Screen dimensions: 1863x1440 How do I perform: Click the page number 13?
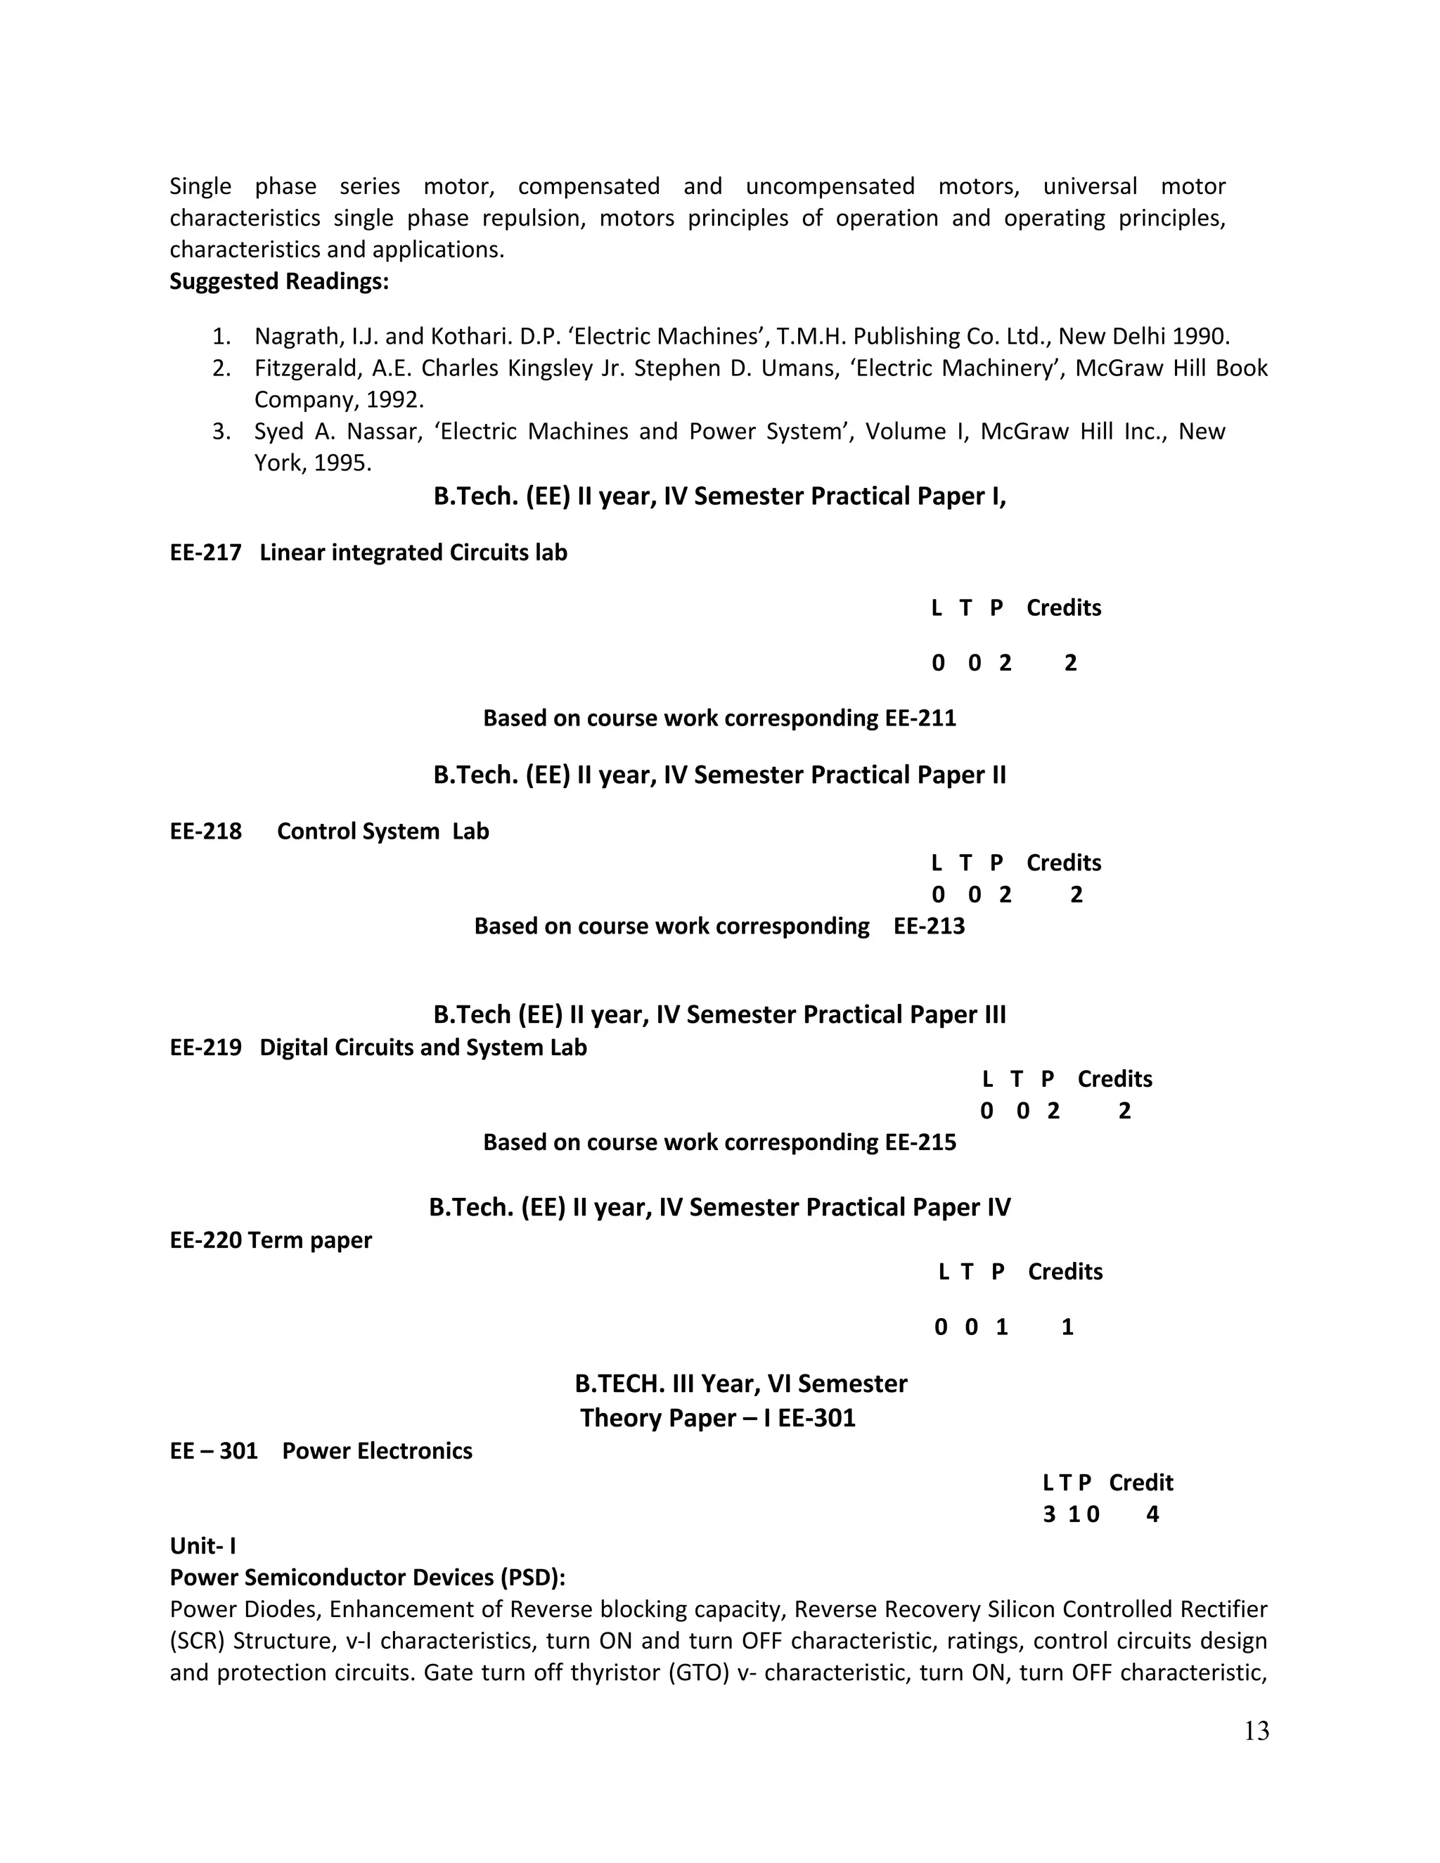pyautogui.click(x=1256, y=1731)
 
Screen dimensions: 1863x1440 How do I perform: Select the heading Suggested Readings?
pyautogui.click(x=279, y=281)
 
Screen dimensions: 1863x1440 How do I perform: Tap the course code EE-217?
pyautogui.click(x=205, y=553)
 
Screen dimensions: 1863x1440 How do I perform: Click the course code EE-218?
pyautogui.click(x=205, y=832)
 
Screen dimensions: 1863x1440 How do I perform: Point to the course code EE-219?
pyautogui.click(x=205, y=1047)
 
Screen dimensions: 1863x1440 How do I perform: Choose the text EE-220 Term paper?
pyautogui.click(x=271, y=1239)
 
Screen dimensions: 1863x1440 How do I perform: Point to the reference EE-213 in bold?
pyautogui.click(x=929, y=927)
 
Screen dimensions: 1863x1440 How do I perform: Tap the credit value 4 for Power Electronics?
pyautogui.click(x=1152, y=1514)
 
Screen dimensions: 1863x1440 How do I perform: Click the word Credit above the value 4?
pyautogui.click(x=1140, y=1483)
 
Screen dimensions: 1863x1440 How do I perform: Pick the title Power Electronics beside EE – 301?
pyautogui.click(x=377, y=1451)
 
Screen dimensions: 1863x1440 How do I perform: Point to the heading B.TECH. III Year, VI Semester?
pyautogui.click(x=740, y=1384)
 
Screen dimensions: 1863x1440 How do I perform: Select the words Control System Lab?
pyautogui.click(x=383, y=832)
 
